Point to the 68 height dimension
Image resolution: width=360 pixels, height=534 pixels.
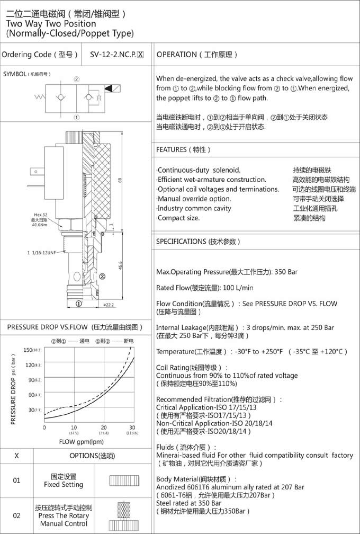pyautogui.click(x=120, y=181)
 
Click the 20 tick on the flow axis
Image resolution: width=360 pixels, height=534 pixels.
pyautogui.click(x=104, y=428)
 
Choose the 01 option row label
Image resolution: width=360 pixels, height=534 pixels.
pyautogui.click(x=16, y=480)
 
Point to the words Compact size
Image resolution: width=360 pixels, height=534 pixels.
pyautogui.click(x=178, y=218)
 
